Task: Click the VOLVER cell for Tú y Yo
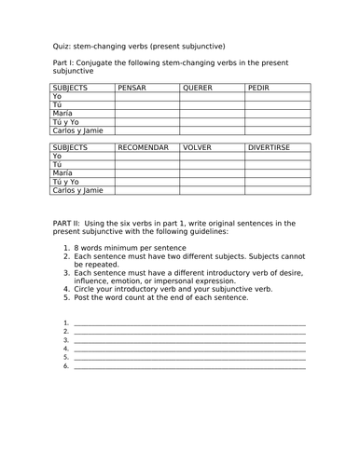212,182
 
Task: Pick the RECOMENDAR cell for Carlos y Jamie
146,191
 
